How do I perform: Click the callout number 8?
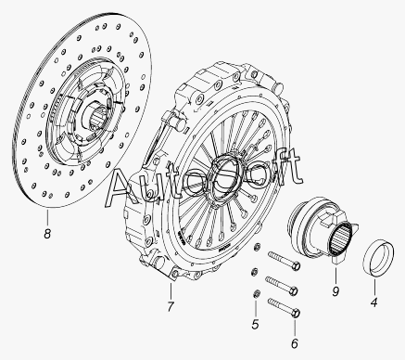pyautogui.click(x=47, y=234)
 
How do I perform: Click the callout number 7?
pyautogui.click(x=171, y=306)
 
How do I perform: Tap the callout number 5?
pyautogui.click(x=255, y=325)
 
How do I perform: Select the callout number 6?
pyautogui.click(x=295, y=343)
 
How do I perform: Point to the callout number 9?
pyautogui.click(x=335, y=291)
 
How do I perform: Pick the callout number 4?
pyautogui.click(x=373, y=302)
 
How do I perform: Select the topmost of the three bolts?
pyautogui.click(x=285, y=261)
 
